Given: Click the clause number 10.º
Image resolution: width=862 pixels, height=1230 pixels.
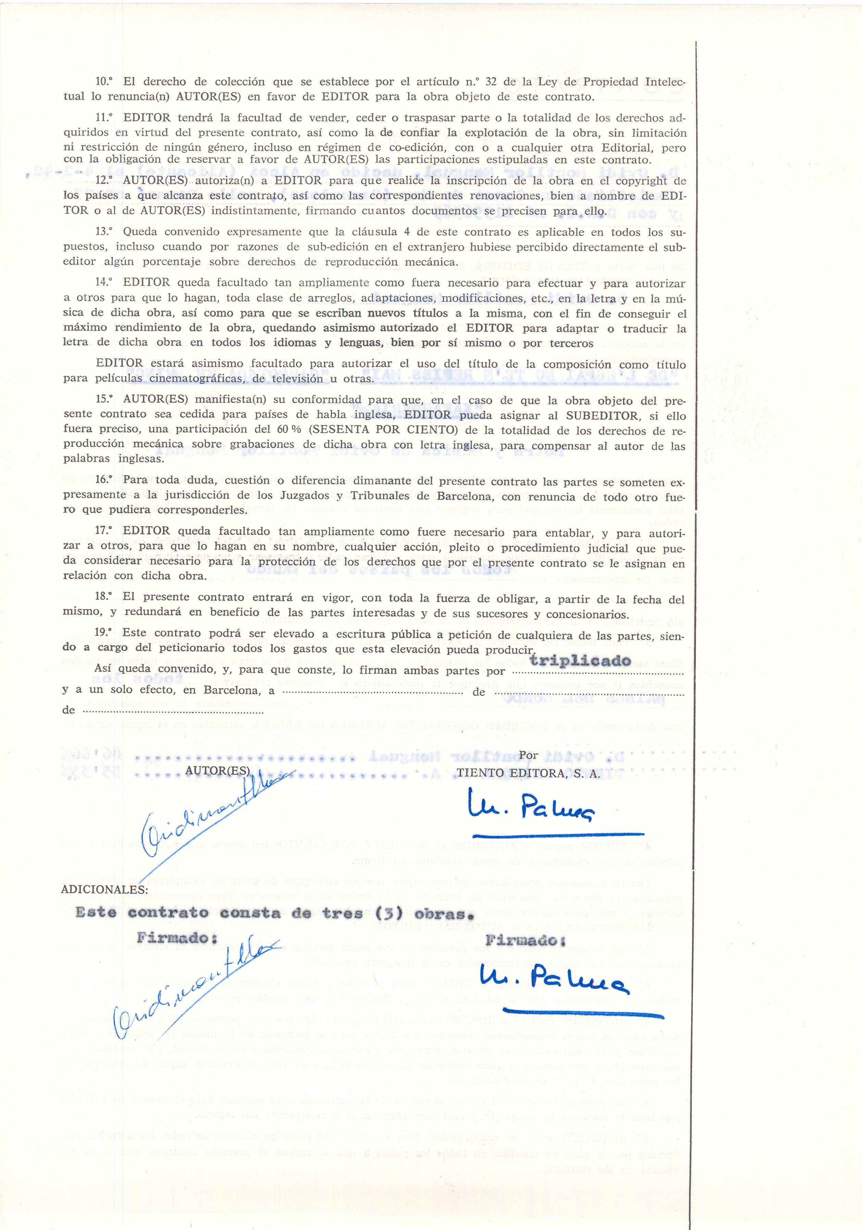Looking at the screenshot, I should pos(104,82).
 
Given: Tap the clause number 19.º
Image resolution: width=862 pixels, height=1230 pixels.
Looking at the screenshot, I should pos(104,633).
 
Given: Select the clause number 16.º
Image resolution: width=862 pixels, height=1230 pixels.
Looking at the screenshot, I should pos(104,480).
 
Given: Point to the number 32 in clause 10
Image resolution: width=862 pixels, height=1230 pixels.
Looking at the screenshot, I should pos(491,82).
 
